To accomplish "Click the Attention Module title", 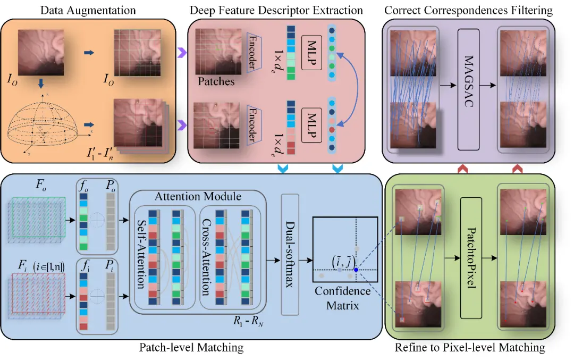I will (198, 196).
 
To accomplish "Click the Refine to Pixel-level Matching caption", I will (470, 348).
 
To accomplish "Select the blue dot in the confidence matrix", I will (356, 270).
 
